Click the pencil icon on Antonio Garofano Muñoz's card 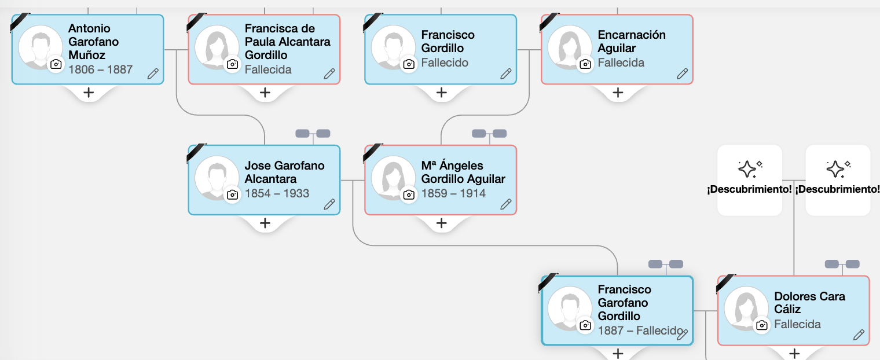tap(153, 74)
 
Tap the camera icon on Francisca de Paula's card tap(233, 64)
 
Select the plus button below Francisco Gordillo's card tap(441, 93)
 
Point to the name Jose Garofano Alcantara tap(284, 172)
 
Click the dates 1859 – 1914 tap(453, 193)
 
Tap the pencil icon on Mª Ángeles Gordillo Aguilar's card tap(505, 204)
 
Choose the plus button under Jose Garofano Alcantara tap(265, 223)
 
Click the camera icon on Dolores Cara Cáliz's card tap(762, 325)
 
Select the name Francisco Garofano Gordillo tap(624, 303)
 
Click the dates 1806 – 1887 tap(100, 69)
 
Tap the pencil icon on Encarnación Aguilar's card tap(682, 74)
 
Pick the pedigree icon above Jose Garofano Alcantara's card tap(313, 134)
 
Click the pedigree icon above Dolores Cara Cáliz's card tap(842, 265)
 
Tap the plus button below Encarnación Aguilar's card tap(618, 93)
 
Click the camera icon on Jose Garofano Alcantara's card tap(233, 194)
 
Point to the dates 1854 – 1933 tap(277, 193)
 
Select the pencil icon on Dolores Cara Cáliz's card tap(859, 335)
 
